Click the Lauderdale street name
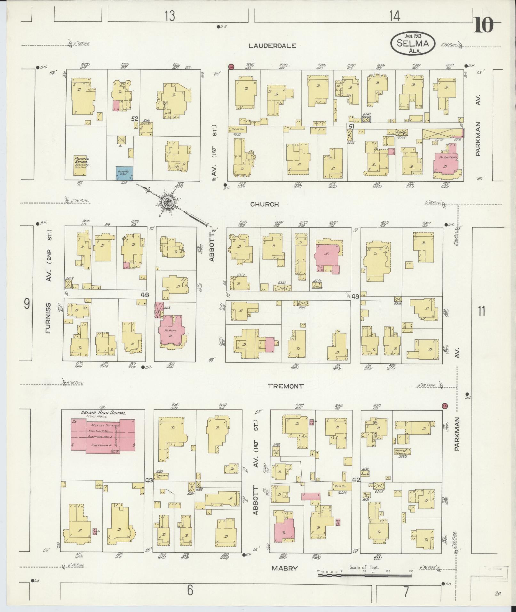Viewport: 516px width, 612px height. (273, 46)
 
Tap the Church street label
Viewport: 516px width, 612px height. (265, 204)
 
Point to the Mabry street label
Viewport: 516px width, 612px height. (285, 568)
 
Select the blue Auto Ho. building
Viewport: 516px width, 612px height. (125, 173)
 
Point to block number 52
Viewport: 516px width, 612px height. (135, 119)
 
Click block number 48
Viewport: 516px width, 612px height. (145, 295)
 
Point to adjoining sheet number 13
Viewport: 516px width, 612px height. (170, 16)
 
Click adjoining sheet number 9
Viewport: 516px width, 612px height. (27, 303)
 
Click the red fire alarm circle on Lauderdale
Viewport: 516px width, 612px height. (231, 67)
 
